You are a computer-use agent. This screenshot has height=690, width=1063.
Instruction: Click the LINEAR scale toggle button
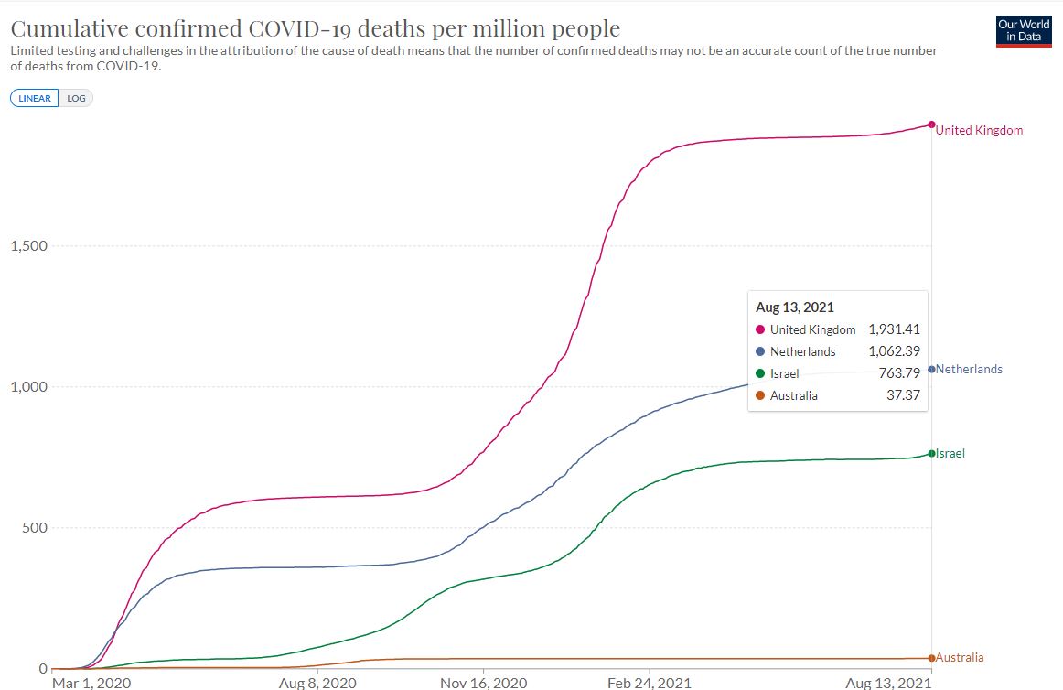click(35, 98)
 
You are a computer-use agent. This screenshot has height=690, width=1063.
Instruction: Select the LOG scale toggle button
click(76, 98)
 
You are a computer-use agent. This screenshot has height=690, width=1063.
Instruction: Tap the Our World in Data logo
click(1024, 30)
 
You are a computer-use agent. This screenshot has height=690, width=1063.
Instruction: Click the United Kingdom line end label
click(979, 130)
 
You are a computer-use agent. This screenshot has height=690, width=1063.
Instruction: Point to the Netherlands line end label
click(969, 370)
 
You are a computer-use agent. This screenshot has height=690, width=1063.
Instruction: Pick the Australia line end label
click(960, 657)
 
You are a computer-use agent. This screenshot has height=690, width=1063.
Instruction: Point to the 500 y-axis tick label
click(34, 528)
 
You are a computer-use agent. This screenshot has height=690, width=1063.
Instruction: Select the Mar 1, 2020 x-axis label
click(91, 683)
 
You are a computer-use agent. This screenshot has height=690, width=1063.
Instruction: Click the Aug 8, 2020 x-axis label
click(317, 683)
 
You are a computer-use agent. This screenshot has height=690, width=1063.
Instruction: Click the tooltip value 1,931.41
click(894, 329)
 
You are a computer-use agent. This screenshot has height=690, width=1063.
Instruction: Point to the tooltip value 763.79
click(899, 373)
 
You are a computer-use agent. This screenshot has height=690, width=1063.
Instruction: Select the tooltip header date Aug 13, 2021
click(795, 307)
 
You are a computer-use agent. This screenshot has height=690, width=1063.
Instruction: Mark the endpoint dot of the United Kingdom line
click(931, 124)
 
